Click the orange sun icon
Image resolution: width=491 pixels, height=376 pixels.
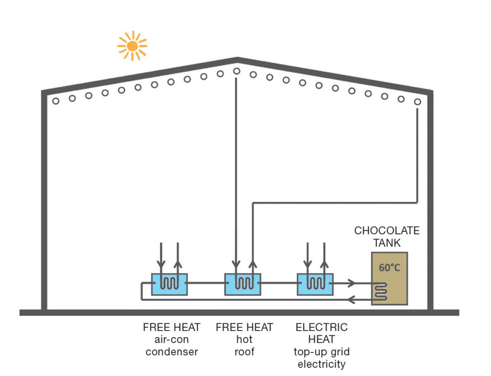coord(132,46)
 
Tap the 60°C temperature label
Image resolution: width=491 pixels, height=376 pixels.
coord(389,268)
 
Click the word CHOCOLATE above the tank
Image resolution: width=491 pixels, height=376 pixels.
coord(387,230)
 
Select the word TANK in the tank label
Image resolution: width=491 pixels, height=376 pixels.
coord(387,243)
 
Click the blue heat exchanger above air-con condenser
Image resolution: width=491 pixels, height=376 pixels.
coord(169,285)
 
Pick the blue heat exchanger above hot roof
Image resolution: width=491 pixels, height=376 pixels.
coord(243,285)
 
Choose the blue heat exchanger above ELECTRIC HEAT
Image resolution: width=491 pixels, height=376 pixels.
coord(315,285)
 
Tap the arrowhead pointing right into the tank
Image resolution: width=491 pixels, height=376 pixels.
coord(352,284)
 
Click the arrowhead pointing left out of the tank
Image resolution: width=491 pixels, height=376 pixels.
coord(351,300)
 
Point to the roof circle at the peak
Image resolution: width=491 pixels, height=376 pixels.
coord(237,71)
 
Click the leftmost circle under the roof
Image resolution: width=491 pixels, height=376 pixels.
coord(56,101)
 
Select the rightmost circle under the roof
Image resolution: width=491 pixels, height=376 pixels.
coord(418,102)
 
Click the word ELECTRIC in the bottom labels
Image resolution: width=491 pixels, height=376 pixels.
coord(322,327)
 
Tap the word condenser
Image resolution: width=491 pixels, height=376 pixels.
coord(172,352)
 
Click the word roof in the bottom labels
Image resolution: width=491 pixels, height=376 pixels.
coord(244,352)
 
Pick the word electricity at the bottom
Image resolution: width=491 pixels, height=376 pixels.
coord(322,364)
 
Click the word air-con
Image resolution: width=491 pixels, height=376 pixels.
coord(172,340)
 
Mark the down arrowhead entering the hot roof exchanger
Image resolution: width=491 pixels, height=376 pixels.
coord(236,265)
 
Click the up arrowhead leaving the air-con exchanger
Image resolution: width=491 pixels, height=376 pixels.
coord(178,265)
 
